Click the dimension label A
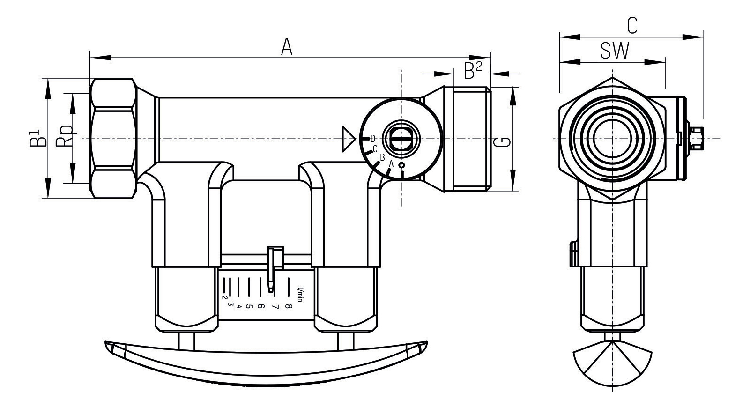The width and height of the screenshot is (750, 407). point(287,47)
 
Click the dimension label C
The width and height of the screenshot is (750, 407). point(632,26)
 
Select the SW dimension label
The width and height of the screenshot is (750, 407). point(615,52)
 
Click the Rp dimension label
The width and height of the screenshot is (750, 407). point(65,136)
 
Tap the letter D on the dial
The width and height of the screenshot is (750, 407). point(373,138)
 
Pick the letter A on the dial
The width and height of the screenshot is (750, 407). point(391,164)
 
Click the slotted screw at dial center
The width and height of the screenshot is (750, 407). point(399,139)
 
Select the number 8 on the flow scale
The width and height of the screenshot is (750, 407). point(288,307)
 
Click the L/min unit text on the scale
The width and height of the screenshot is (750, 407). point(300,293)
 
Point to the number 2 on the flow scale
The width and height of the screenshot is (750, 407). point(224,297)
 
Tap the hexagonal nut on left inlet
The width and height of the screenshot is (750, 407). point(113,139)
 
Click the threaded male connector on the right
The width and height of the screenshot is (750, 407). point(467,139)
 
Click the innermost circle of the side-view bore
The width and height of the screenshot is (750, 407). point(612,139)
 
